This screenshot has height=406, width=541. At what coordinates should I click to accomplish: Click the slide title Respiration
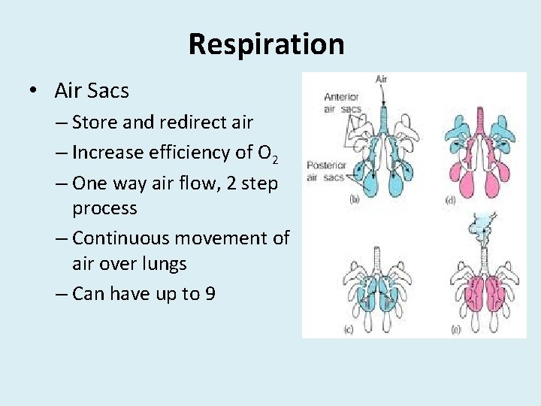(266, 44)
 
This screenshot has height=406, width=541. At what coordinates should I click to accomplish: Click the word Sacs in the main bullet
(109, 91)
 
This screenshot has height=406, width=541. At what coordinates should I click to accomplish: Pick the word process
(104, 208)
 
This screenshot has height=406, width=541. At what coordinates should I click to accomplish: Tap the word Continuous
(128, 238)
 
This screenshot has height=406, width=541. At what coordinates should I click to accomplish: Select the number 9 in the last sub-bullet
(210, 293)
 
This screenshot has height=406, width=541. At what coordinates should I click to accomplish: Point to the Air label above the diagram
(381, 79)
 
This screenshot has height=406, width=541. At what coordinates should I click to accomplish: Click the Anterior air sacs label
(342, 102)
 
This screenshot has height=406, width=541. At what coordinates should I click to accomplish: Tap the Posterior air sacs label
(325, 171)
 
